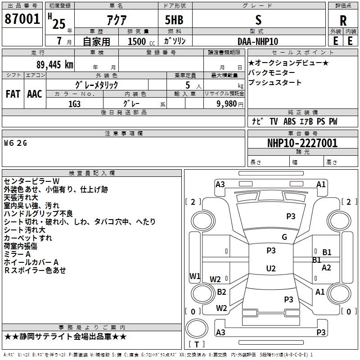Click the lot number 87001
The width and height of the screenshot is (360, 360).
[22, 19]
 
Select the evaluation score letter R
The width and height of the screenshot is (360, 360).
[343, 20]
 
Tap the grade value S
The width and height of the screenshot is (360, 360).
[258, 20]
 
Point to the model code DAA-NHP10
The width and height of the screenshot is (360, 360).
[258, 41]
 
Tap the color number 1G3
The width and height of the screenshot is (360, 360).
[74, 103]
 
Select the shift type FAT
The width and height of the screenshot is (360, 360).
[13, 94]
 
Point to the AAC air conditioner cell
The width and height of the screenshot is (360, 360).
[34, 94]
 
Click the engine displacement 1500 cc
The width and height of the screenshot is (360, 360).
[138, 41]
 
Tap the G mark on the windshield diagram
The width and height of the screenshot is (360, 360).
[284, 237]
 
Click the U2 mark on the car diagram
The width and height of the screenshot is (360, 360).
[270, 269]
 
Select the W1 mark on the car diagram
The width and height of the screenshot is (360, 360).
[194, 276]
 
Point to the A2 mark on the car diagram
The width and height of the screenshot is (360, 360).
[326, 267]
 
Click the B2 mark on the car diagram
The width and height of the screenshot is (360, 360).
[221, 292]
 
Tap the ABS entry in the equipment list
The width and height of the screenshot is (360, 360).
[290, 121]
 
